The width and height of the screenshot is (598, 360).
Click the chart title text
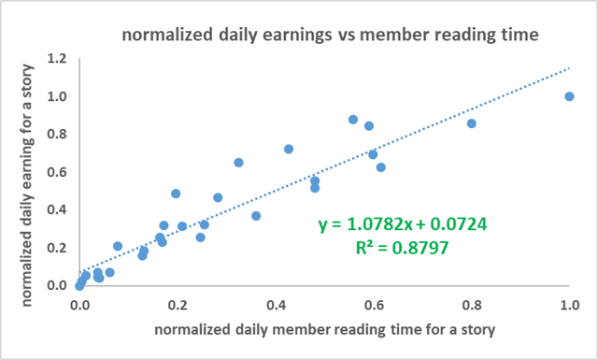point(330,35)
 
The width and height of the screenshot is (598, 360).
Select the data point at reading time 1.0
point(569,96)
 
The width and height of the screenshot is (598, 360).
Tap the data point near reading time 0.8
point(471,123)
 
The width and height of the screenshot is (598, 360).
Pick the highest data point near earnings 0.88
point(353,120)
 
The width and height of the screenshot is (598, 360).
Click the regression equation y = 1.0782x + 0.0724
point(403,224)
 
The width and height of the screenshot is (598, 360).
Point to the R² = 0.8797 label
point(403,248)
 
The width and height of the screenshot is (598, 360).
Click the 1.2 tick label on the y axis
point(57,58)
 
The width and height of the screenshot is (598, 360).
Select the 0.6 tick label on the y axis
point(57,172)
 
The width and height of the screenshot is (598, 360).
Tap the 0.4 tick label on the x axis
point(276,305)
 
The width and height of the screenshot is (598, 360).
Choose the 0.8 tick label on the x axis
point(472,305)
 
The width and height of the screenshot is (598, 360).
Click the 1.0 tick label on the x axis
point(569,305)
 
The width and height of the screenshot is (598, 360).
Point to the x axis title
point(324,329)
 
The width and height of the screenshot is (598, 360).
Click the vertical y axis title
point(27,185)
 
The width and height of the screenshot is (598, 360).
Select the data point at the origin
point(79,285)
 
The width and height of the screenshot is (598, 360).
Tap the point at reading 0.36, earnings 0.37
point(256,216)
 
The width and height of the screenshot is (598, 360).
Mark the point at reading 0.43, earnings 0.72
point(289,149)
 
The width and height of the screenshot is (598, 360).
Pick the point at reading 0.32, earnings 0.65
point(238,163)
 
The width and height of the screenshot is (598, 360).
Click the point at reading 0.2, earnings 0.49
point(176,194)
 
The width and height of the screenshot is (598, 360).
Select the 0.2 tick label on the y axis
point(57,248)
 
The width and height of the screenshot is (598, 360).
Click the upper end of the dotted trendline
point(569,68)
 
